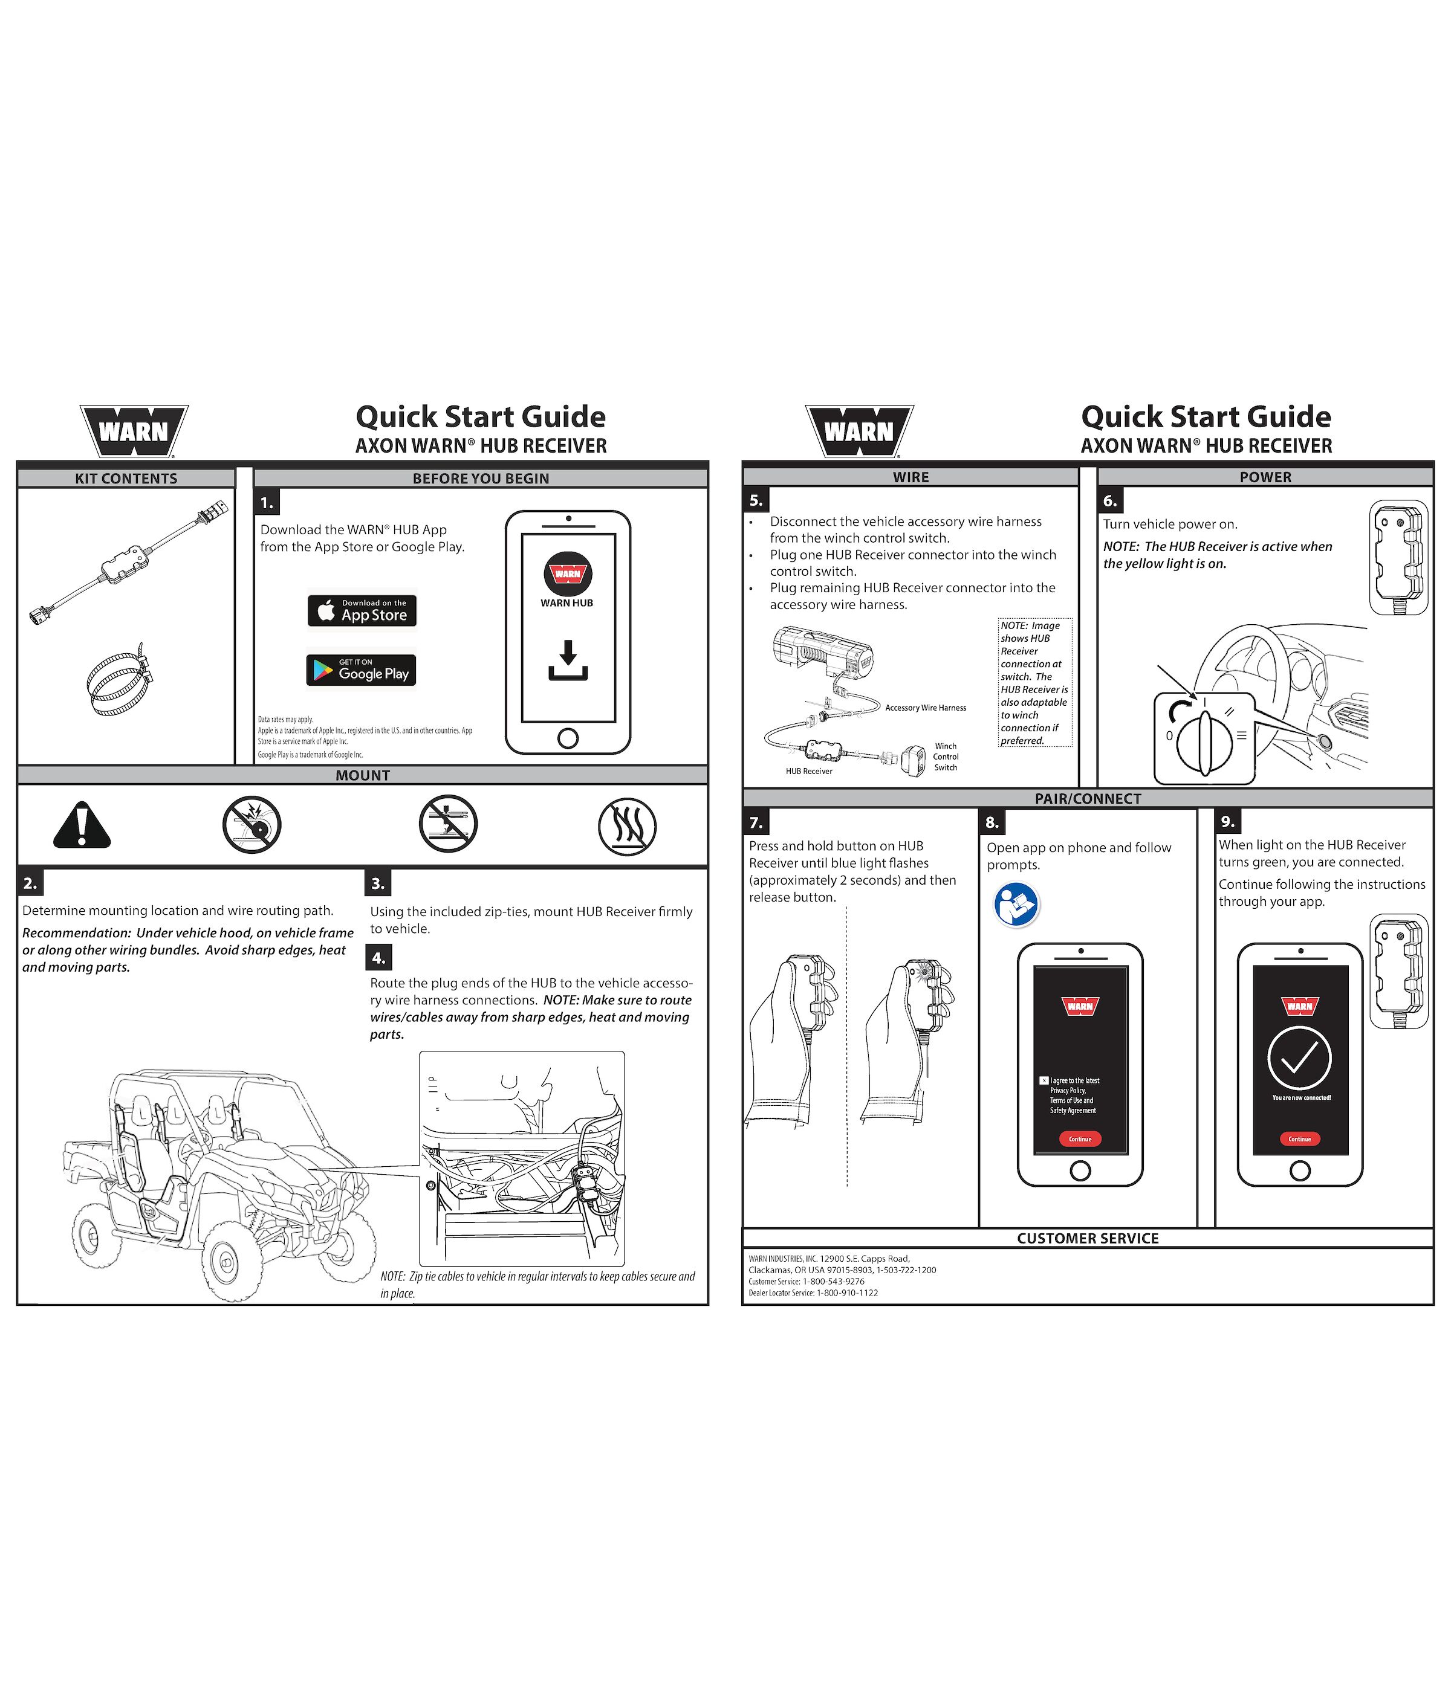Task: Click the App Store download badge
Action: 362,611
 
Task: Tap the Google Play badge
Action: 362,670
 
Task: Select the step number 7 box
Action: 756,822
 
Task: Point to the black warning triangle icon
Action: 81,825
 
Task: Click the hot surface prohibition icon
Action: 626,826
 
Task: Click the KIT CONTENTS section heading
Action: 126,479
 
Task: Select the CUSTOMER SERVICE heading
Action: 1087,1238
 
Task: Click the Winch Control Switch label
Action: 945,757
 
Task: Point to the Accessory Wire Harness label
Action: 926,708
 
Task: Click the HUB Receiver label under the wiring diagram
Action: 809,771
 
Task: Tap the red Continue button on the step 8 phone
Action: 1080,1138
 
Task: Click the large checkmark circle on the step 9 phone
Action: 1299,1058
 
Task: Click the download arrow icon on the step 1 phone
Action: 568,661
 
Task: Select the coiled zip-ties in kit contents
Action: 121,679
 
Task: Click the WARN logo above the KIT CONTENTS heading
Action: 134,431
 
